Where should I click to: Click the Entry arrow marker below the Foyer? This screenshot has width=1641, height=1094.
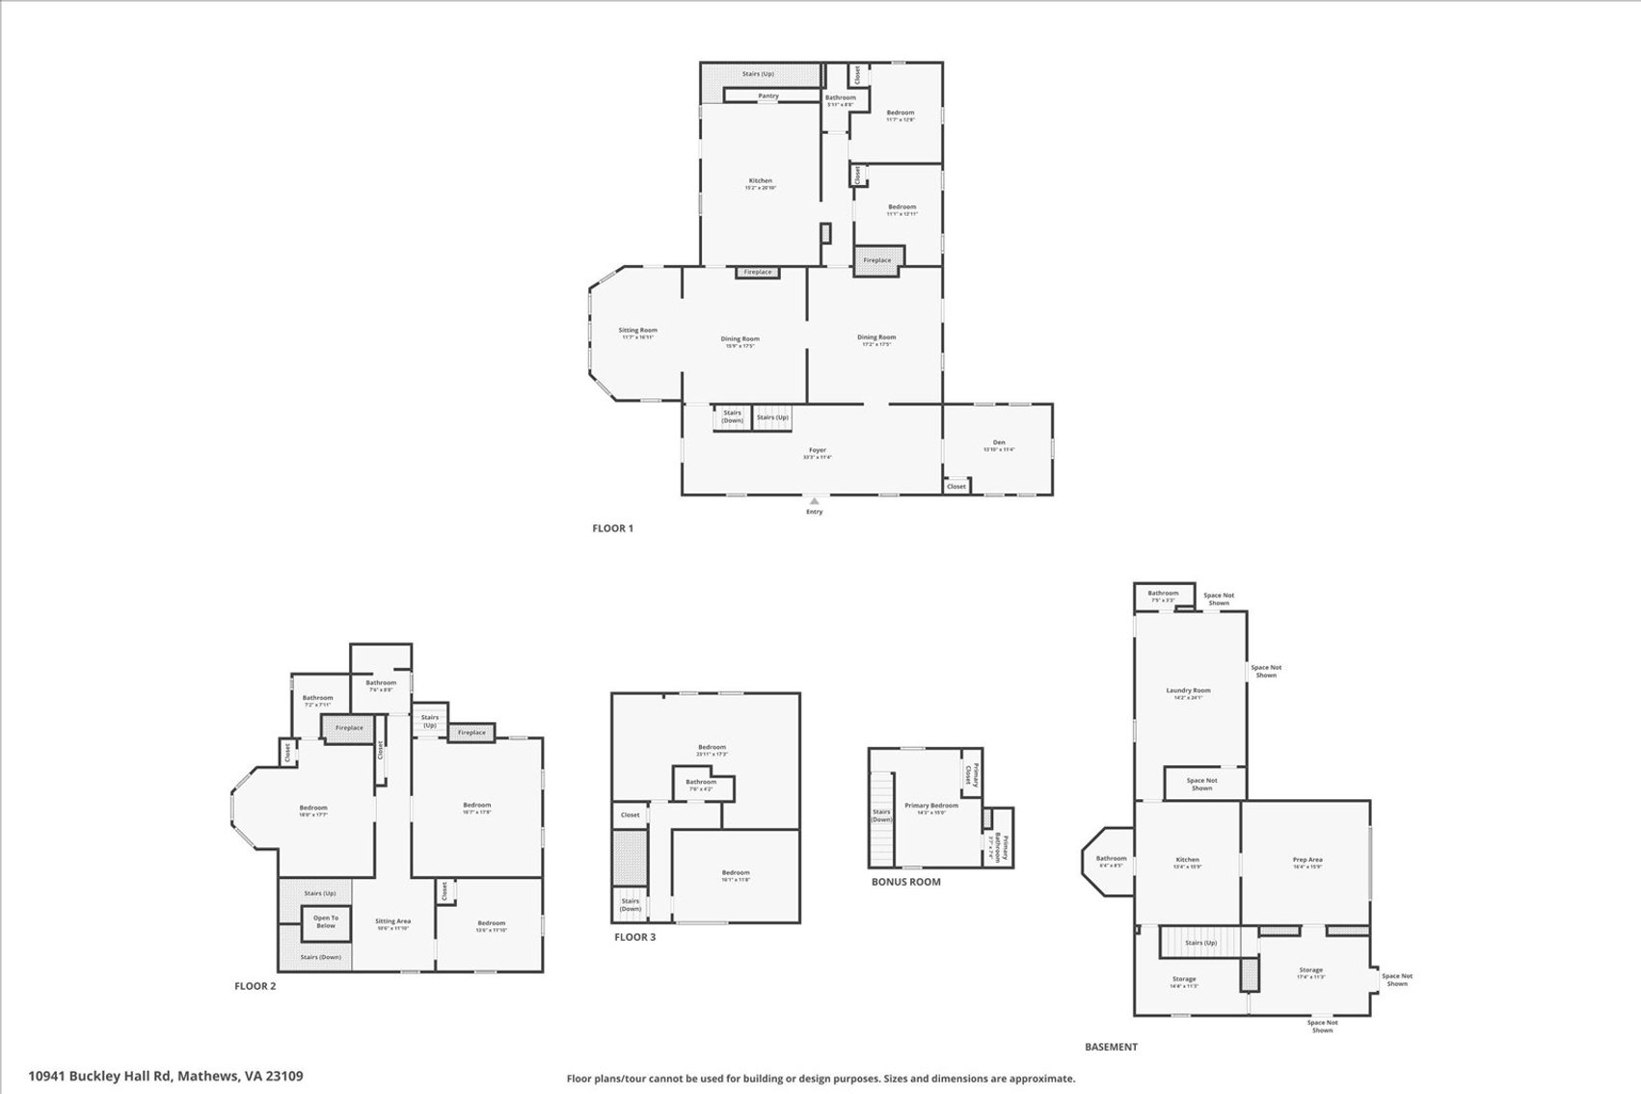(x=815, y=501)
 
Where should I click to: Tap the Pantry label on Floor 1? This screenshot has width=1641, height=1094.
(x=768, y=95)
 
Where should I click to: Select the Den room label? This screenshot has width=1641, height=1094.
(x=999, y=442)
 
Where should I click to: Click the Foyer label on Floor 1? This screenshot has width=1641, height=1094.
(x=818, y=450)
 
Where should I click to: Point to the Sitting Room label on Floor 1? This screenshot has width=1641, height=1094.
(x=637, y=331)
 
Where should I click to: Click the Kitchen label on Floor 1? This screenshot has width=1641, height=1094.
(x=761, y=181)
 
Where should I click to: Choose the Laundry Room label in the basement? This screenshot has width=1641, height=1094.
(x=1188, y=690)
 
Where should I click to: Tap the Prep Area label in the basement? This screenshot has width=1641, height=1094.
(x=1307, y=860)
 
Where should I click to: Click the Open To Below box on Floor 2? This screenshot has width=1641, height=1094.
(x=326, y=922)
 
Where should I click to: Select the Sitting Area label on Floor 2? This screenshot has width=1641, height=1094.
(x=392, y=921)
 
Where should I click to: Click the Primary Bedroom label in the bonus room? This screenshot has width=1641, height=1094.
(x=931, y=806)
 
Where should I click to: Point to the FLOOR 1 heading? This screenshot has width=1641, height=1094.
(x=612, y=528)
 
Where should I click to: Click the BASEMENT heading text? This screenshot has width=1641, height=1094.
(x=1111, y=1047)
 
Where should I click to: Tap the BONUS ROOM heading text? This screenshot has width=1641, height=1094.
(x=905, y=882)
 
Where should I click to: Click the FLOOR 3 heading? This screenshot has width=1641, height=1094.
(x=634, y=937)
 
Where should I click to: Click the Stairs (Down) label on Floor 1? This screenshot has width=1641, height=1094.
(x=733, y=416)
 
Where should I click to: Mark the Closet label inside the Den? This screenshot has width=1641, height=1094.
(x=956, y=487)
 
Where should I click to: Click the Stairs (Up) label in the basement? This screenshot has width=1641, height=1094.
(x=1200, y=943)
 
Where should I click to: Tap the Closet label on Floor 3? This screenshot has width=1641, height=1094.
(x=630, y=814)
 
